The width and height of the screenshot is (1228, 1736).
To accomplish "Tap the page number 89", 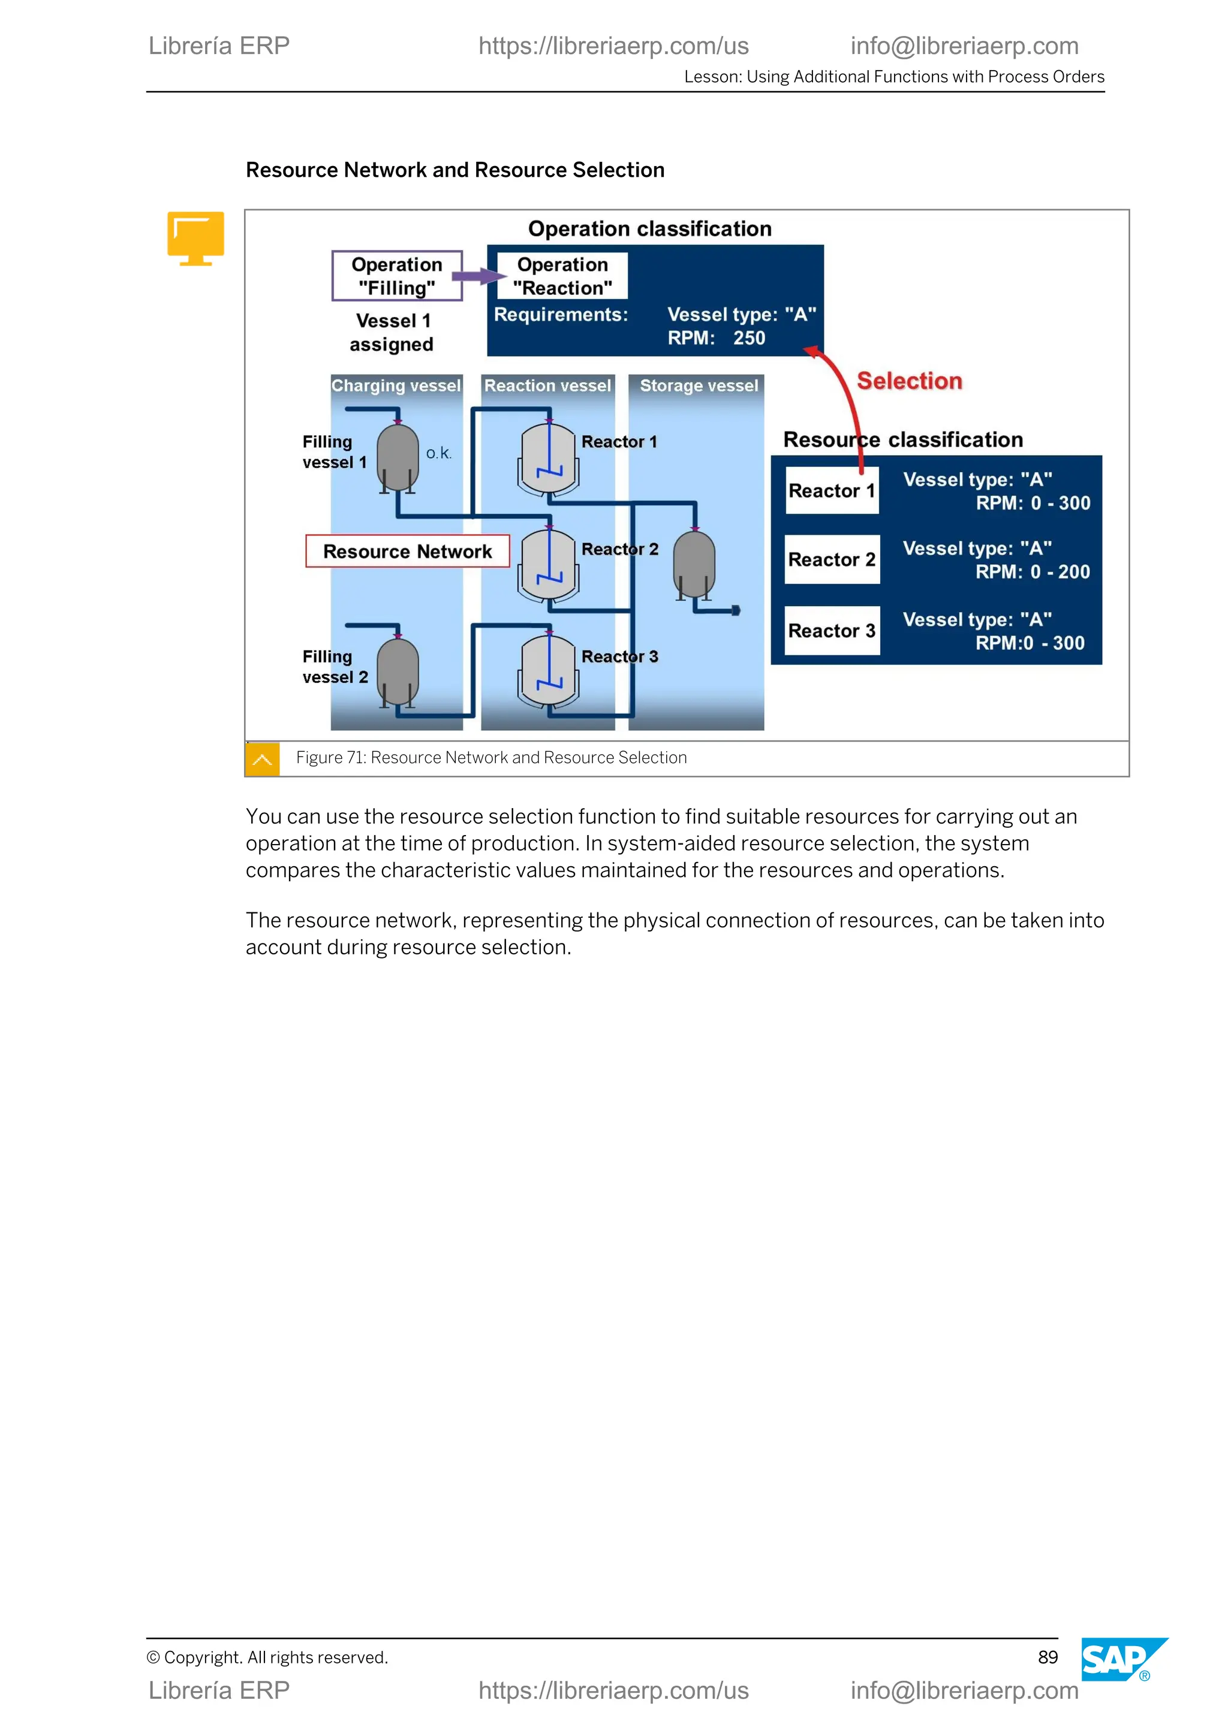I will (x=1048, y=1657).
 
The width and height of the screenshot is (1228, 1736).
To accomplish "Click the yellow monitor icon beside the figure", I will (x=196, y=237).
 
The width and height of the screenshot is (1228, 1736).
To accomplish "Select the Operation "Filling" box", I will (x=397, y=276).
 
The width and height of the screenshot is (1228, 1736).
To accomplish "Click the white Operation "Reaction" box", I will (x=562, y=276).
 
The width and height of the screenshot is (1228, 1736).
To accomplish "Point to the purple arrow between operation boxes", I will (x=478, y=277).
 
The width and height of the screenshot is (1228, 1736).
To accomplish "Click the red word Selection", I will (x=909, y=381).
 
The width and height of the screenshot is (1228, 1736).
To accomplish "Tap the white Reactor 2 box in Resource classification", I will (x=832, y=559).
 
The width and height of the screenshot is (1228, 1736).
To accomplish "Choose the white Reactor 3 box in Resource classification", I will (x=832, y=631).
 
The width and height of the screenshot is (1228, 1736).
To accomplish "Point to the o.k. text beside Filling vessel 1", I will (x=438, y=453).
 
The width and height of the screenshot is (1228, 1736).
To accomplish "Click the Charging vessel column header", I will (x=396, y=385).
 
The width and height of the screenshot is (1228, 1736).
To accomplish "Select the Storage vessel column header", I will (x=699, y=385).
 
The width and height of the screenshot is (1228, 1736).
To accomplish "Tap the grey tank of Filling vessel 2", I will (x=398, y=670).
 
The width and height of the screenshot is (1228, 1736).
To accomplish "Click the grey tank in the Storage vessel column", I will (x=694, y=563).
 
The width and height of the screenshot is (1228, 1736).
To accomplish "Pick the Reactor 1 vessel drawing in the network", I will (x=549, y=458).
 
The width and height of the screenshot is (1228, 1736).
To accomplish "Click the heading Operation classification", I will (x=649, y=228).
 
